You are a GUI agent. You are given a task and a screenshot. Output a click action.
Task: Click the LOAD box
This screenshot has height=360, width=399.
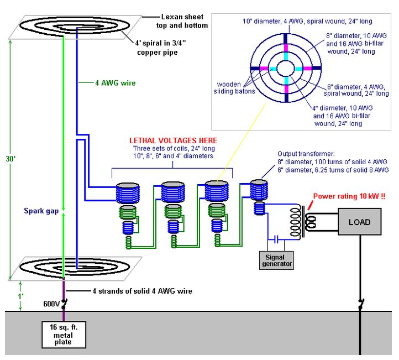pyautogui.click(x=359, y=222)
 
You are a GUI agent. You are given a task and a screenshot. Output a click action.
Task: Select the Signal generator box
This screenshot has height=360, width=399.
pyautogui.click(x=276, y=260)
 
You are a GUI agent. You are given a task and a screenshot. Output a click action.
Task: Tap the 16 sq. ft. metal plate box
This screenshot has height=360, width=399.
pyautogui.click(x=64, y=335)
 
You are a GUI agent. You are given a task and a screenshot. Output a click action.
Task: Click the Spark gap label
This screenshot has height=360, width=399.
pyautogui.click(x=41, y=211)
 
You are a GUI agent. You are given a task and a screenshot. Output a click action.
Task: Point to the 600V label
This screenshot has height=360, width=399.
pyautogui.click(x=51, y=304)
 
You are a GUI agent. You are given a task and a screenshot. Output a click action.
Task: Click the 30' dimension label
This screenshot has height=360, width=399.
pyautogui.click(x=11, y=159)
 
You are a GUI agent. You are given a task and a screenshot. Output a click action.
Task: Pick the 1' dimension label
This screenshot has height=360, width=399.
pyautogui.click(x=20, y=296)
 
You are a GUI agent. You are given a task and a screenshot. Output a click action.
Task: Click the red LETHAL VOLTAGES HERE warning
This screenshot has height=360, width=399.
pyautogui.click(x=173, y=140)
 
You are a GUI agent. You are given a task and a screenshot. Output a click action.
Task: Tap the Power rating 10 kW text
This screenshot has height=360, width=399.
pyautogui.click(x=349, y=196)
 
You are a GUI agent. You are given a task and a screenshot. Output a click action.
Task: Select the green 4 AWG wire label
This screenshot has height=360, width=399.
pyautogui.click(x=116, y=83)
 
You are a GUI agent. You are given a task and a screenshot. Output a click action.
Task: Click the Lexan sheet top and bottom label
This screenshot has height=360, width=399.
pyautogui.click(x=182, y=21)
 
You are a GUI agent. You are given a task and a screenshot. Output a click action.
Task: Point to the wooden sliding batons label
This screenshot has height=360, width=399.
pyautogui.click(x=234, y=88)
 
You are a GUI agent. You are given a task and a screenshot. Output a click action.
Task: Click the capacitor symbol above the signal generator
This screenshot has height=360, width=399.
pyautogui.click(x=276, y=239)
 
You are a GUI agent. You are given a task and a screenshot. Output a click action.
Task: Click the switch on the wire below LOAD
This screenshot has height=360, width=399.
pyautogui.click(x=360, y=304)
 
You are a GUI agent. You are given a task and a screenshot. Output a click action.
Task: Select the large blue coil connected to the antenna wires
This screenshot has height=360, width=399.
pyautogui.click(x=128, y=193)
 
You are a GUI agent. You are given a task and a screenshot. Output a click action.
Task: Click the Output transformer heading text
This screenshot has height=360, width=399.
pyautogui.click(x=306, y=154)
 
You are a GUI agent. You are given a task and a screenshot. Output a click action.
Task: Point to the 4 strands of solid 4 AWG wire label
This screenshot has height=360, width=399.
pyautogui.click(x=142, y=291)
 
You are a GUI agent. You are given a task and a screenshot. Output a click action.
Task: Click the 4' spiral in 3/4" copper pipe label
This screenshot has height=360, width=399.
pyautogui.click(x=160, y=48)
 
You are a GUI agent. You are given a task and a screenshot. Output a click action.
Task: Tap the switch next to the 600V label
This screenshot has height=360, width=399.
pyautogui.click(x=64, y=304)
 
